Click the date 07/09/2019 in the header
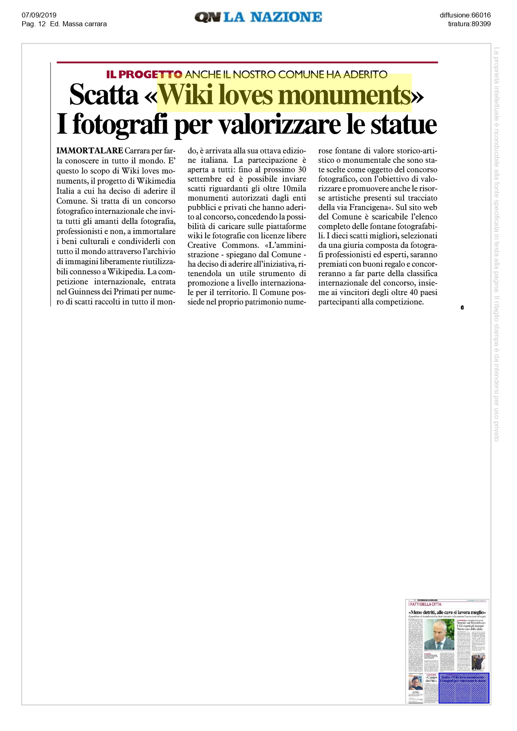(x=39, y=15)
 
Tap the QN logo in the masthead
(x=207, y=17)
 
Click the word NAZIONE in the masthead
(x=286, y=17)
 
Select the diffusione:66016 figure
(x=465, y=15)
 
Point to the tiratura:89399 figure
(x=469, y=24)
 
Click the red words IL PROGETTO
(x=144, y=75)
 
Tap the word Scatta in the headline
(x=104, y=95)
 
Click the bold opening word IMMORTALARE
(x=90, y=150)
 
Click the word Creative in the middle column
(x=202, y=245)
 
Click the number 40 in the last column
(x=414, y=292)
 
